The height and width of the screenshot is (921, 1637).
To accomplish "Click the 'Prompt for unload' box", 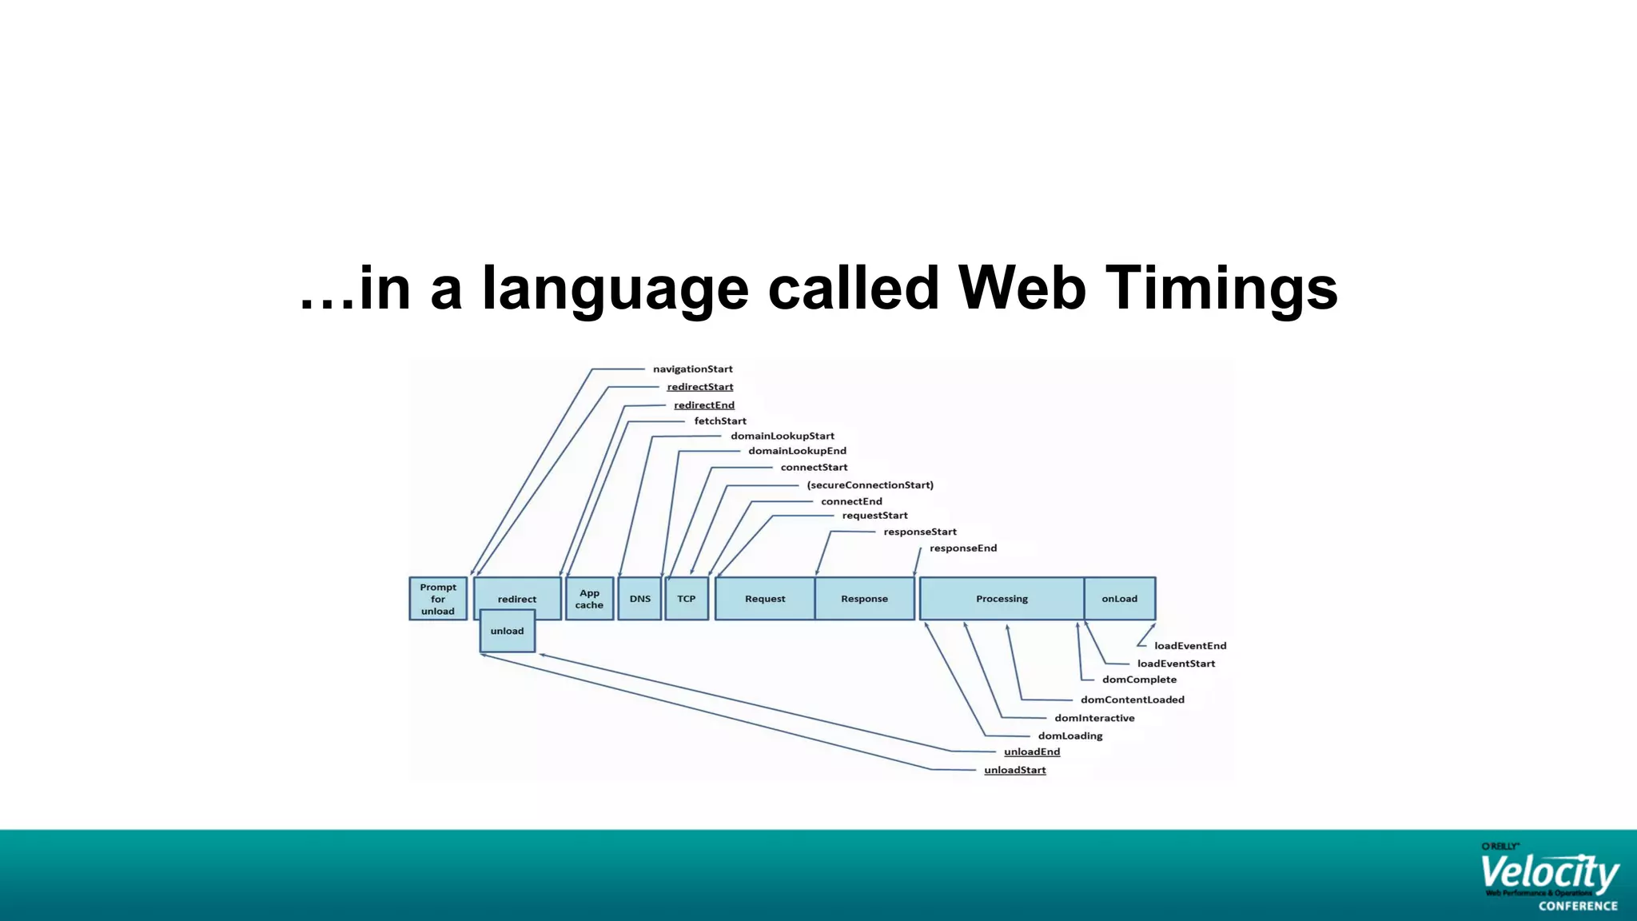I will [x=438, y=599].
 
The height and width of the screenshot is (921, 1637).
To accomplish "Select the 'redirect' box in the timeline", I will [x=517, y=593].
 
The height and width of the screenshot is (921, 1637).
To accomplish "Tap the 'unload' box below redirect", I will [x=508, y=632].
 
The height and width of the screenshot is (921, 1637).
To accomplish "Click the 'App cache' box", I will [x=589, y=599].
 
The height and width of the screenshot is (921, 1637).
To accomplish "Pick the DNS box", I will [x=639, y=599].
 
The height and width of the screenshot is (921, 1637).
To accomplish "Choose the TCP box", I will [x=687, y=599].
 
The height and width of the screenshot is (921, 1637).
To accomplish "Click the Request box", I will [x=765, y=599].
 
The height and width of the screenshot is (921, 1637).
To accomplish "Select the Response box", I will [x=864, y=599].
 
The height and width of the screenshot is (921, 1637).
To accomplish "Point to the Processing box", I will [x=1002, y=599].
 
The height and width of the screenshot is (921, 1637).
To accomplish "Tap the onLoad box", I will [x=1119, y=599].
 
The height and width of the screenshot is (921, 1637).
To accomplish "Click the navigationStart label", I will [x=692, y=369].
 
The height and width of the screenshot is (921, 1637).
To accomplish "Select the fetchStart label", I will [x=720, y=421].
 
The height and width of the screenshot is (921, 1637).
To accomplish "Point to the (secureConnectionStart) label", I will [x=870, y=485].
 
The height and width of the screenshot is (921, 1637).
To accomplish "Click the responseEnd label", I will [x=963, y=548].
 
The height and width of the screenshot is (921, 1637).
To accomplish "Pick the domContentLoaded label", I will [x=1132, y=700].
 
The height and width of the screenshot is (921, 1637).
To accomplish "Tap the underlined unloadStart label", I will [x=1014, y=770].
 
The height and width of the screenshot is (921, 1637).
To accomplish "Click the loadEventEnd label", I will [x=1189, y=646].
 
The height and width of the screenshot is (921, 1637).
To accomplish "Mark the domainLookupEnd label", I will [x=797, y=451].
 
